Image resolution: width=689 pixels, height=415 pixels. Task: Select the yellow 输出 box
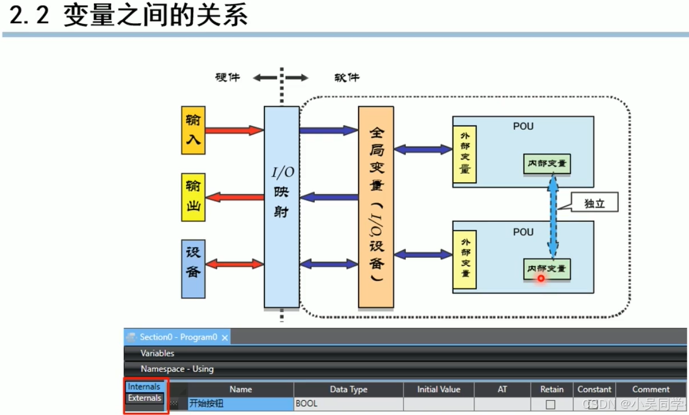pyautogui.click(x=193, y=197)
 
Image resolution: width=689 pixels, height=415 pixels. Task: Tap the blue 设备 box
pyautogui.click(x=193, y=269)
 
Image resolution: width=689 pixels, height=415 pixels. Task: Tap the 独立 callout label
pyautogui.click(x=594, y=204)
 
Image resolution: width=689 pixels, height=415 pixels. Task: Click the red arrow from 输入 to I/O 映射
pyautogui.click(x=233, y=131)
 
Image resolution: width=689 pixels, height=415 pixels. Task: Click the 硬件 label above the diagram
pyautogui.click(x=227, y=78)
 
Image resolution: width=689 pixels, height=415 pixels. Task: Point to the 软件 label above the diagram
pyautogui.click(x=346, y=78)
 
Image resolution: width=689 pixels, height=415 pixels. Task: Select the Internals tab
pyautogui.click(x=144, y=387)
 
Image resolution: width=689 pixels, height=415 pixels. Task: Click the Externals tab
pyautogui.click(x=144, y=398)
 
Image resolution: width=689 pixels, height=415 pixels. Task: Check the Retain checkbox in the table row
pyautogui.click(x=551, y=404)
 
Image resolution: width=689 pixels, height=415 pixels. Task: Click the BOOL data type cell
pyautogui.click(x=348, y=404)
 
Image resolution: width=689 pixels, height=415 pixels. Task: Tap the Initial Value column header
pyautogui.click(x=439, y=389)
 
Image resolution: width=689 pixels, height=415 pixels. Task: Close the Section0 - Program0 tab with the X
pyautogui.click(x=225, y=337)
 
